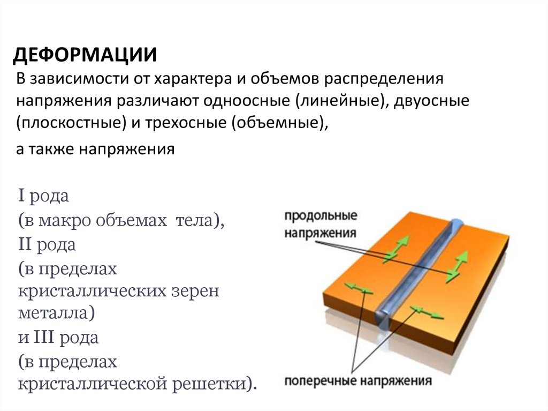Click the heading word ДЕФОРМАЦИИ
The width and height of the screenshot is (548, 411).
[x=85, y=55]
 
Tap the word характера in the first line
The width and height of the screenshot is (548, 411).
[x=193, y=78]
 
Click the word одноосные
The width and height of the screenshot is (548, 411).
[x=247, y=101]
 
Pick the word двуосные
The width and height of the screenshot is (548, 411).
[x=432, y=101]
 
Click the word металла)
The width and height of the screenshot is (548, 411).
[x=56, y=312]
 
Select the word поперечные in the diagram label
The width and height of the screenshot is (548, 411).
[x=320, y=381]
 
